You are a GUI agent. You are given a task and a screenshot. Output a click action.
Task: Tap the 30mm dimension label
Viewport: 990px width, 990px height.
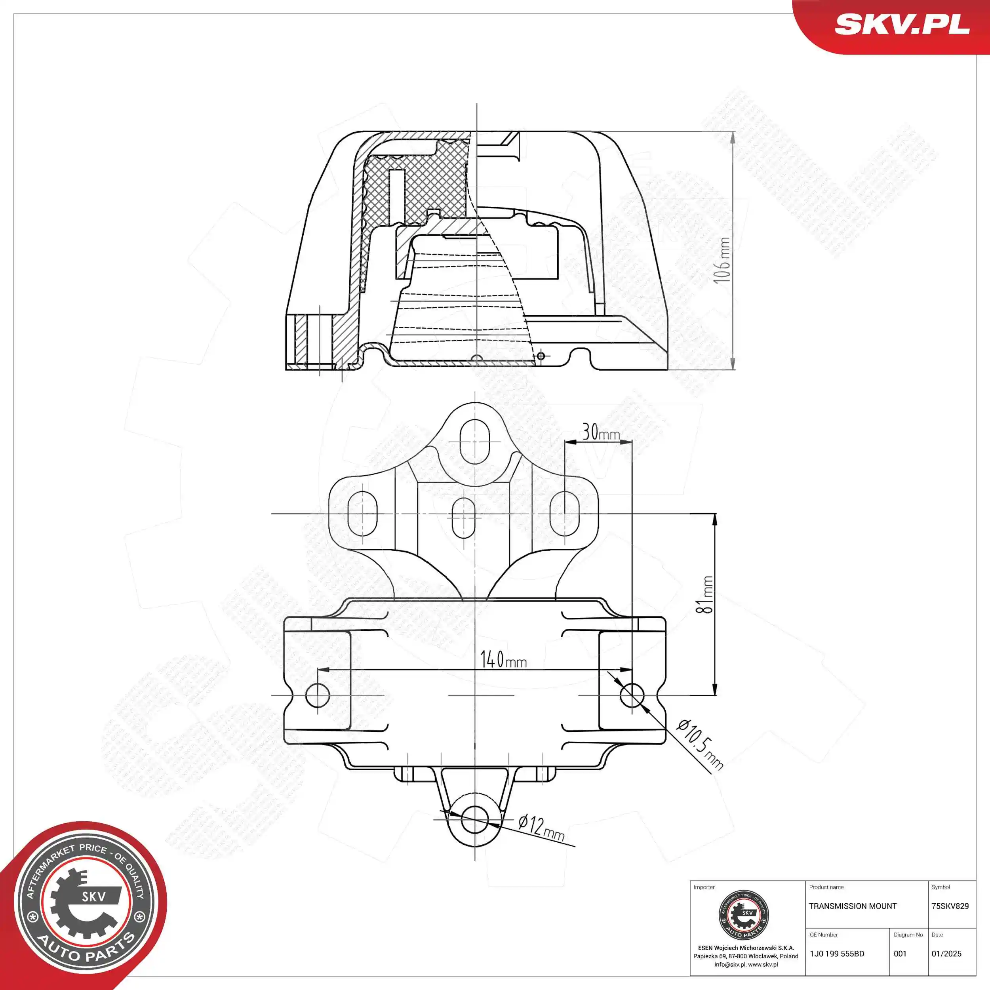601,433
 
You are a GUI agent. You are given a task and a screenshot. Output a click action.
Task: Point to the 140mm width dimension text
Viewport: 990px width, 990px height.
503,660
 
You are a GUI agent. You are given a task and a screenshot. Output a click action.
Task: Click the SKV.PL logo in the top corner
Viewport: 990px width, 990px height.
902,24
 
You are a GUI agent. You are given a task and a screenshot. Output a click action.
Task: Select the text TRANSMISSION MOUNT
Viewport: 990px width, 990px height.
853,906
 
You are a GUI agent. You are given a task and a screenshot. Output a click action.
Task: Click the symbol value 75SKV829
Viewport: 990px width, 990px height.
950,906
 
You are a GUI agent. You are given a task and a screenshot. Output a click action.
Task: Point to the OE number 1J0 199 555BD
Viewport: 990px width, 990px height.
837,954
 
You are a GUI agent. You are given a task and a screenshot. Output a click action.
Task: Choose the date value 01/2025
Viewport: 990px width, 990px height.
946,954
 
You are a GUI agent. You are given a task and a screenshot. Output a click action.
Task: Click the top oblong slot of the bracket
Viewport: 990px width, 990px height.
475,441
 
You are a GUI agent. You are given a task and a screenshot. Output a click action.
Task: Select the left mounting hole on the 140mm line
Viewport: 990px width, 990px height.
317,695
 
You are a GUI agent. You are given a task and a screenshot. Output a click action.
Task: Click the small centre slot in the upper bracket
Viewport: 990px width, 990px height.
464,518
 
